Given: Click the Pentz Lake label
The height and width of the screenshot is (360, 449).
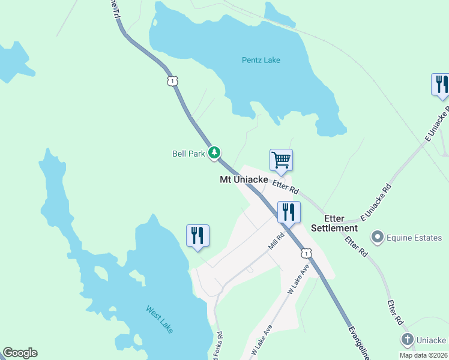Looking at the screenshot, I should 261,60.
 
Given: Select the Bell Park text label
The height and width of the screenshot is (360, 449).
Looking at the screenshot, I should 189,154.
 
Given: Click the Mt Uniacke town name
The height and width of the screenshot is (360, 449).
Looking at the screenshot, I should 243,179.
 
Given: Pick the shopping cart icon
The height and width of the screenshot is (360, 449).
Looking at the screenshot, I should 281,161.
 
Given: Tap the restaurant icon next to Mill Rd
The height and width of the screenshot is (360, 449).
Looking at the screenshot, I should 289,213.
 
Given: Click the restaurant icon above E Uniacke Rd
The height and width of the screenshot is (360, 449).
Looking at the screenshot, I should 441,85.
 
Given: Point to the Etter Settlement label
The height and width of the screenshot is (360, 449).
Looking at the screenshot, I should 340,223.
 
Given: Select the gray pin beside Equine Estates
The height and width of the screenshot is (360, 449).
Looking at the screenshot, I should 378,238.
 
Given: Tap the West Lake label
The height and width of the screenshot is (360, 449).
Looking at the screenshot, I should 160,319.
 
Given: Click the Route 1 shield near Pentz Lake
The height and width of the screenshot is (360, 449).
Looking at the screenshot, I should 172,80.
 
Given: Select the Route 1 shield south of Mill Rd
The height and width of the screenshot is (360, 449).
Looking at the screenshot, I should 306,254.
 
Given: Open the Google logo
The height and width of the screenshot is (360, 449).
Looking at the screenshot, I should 20,353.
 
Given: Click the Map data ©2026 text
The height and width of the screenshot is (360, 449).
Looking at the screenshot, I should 424,355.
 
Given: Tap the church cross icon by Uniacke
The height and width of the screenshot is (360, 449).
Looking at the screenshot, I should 408,340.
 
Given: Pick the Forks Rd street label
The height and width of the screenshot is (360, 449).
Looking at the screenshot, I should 220,344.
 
